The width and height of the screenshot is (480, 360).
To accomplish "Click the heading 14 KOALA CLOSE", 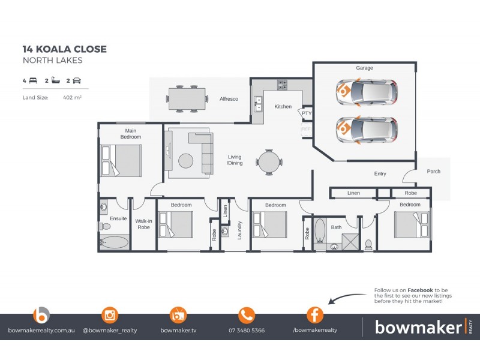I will pyautogui.click(x=65, y=49).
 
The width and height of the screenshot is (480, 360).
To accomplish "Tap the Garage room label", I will pyautogui.click(x=364, y=68).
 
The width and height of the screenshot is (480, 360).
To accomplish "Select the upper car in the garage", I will pyautogui.click(x=366, y=92).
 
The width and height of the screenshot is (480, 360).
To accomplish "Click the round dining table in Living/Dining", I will pyautogui.click(x=268, y=161).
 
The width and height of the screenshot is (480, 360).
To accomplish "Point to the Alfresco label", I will pyautogui.click(x=229, y=98).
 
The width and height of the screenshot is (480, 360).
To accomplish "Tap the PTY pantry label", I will pyautogui.click(x=307, y=113).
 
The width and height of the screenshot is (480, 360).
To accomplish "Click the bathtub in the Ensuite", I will pyautogui.click(x=114, y=242).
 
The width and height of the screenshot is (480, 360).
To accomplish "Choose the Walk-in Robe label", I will pyautogui.click(x=143, y=224).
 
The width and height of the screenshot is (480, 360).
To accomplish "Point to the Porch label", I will pyautogui.click(x=433, y=172).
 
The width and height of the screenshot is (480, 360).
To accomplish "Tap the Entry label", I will pyautogui.click(x=380, y=174).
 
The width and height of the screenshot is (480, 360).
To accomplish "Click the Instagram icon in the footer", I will pyautogui.click(x=110, y=314).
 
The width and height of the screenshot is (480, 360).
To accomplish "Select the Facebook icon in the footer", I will pyautogui.click(x=314, y=314).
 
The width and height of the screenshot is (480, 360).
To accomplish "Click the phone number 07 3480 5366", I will pyautogui.click(x=247, y=331).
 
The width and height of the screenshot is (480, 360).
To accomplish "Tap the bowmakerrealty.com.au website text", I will pyautogui.click(x=41, y=331).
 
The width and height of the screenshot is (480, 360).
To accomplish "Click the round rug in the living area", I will pyautogui.click(x=186, y=160).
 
